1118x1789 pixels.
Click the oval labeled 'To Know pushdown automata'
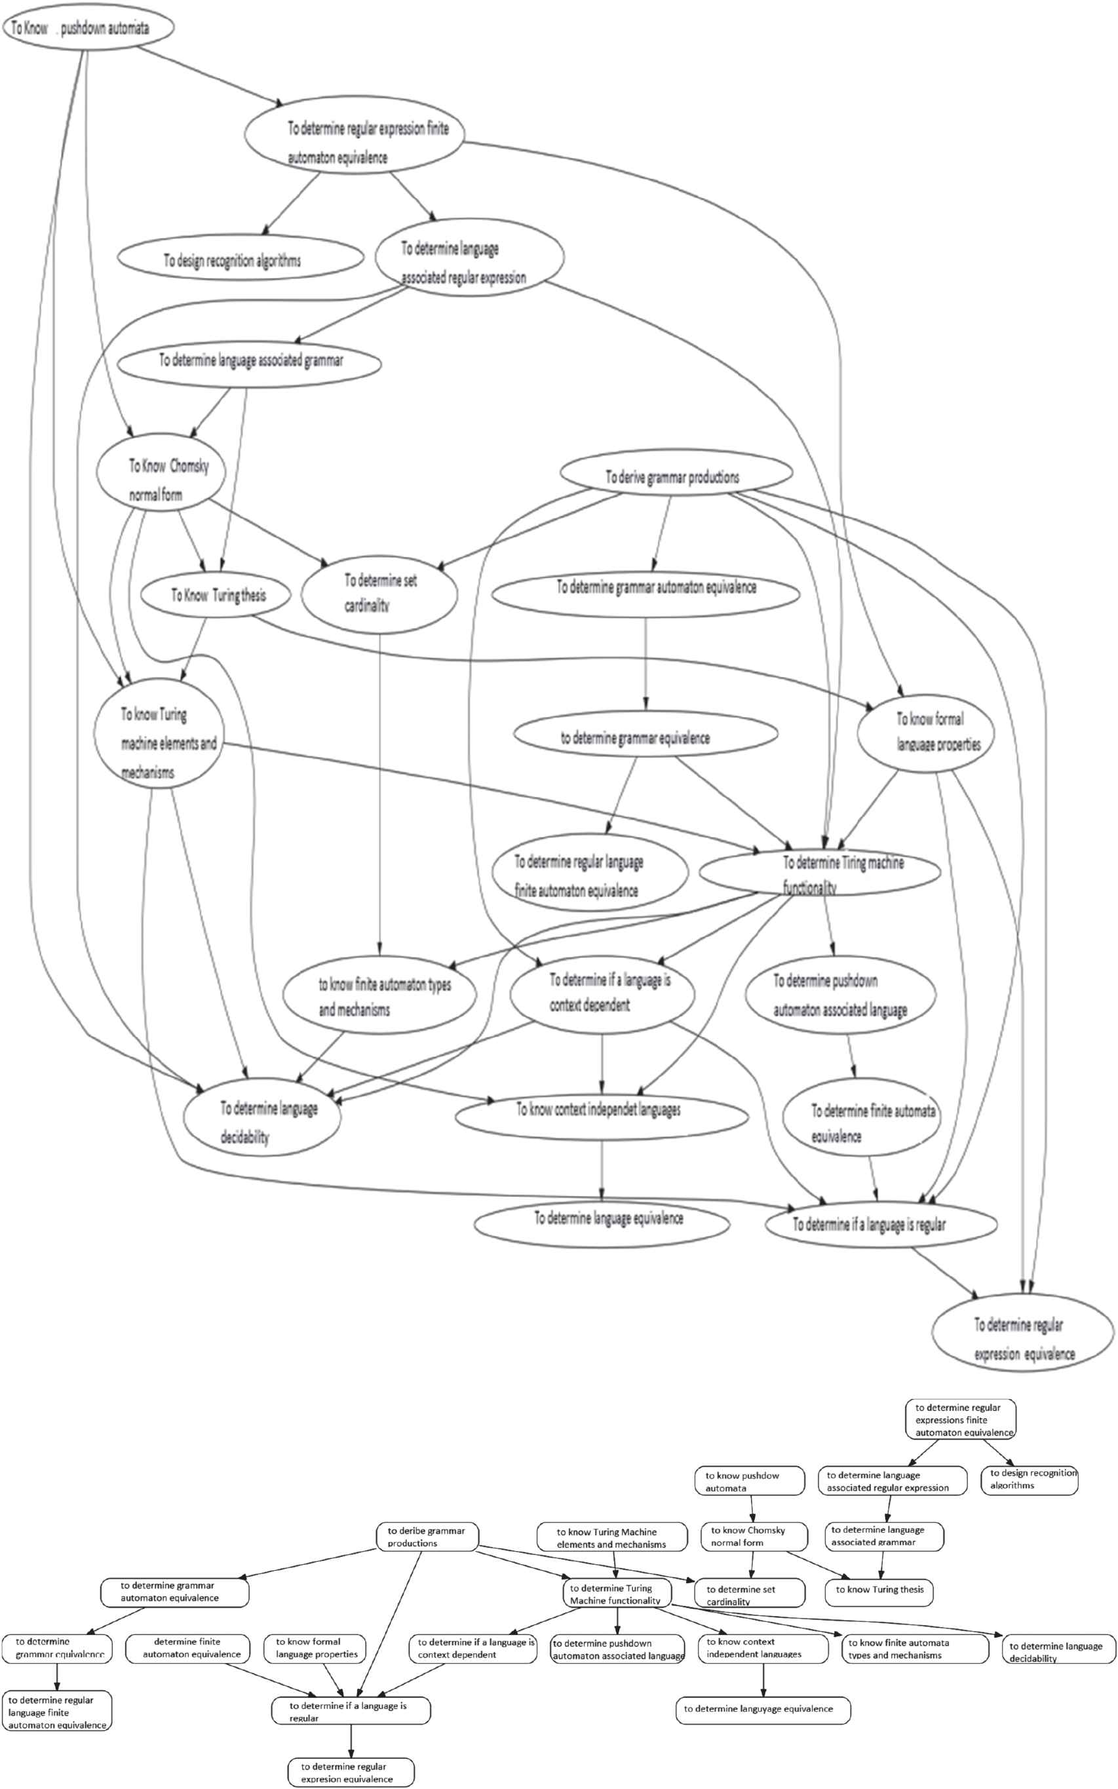coord(88,28)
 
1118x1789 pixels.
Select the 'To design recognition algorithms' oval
coord(241,259)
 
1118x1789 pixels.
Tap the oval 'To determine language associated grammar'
coord(250,362)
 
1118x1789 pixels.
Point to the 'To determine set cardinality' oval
coord(379,594)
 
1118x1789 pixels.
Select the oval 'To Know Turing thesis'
coord(215,595)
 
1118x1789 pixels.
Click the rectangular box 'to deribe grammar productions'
coord(427,1536)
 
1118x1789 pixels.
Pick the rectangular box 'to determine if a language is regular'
coord(351,1710)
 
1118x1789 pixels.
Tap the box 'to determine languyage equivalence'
coord(762,1709)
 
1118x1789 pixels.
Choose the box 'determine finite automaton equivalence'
coord(187,1648)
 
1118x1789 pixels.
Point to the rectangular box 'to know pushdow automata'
coord(749,1482)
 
